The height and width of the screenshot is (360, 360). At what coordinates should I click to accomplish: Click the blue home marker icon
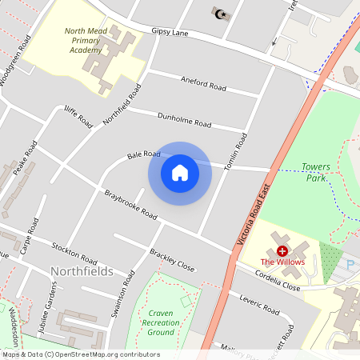180,173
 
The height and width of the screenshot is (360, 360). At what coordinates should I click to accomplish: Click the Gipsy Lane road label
169,33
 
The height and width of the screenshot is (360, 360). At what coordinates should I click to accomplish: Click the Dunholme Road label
186,122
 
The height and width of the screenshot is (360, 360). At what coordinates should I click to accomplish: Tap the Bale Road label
144,154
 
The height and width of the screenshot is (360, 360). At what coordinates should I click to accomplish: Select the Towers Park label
315,172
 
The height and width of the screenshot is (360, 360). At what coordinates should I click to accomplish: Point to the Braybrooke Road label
130,204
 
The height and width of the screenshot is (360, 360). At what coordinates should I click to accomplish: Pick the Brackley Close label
172,259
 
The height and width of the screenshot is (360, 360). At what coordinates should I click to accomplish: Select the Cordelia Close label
278,281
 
